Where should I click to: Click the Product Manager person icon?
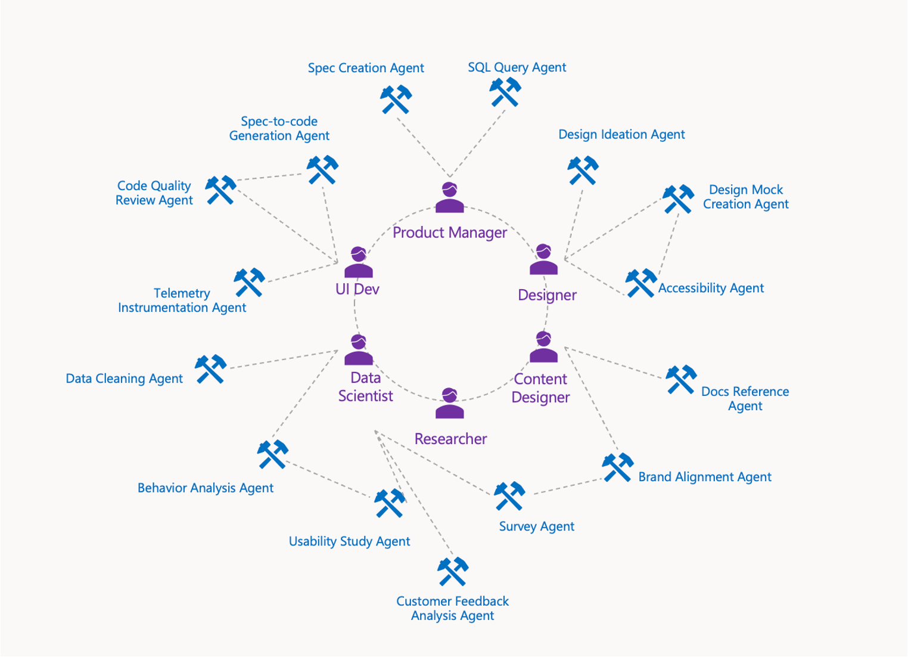[449, 198]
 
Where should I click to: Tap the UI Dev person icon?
[358, 262]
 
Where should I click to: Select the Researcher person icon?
[449, 404]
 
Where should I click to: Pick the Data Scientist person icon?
[358, 350]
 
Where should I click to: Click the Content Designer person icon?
[543, 348]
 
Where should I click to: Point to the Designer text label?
[547, 295]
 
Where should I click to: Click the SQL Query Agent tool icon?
[505, 92]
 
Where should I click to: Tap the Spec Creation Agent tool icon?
[396, 99]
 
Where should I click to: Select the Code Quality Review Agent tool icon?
[221, 190]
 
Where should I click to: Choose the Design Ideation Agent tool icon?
[583, 171]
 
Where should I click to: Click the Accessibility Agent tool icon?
[641, 283]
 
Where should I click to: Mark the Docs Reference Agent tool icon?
[681, 380]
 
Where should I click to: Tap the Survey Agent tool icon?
[509, 496]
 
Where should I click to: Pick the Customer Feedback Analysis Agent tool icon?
[453, 572]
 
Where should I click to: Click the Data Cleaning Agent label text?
[124, 379]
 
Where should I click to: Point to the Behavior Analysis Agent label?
[206, 488]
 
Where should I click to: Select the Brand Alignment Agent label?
[705, 477]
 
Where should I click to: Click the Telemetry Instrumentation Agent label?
[182, 300]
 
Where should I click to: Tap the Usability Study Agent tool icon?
[390, 503]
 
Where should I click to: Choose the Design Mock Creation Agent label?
[745, 197]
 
